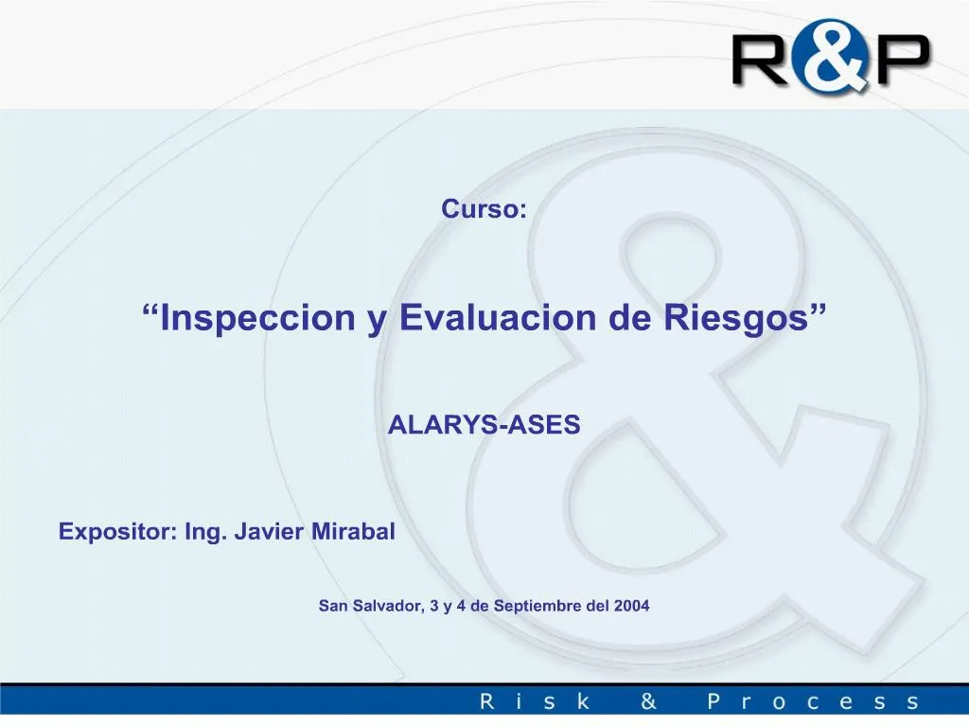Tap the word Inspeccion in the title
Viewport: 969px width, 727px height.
(x=257, y=317)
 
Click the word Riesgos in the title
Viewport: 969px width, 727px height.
(x=735, y=319)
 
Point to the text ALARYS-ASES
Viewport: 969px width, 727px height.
(x=484, y=425)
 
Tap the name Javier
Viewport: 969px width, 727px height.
(x=269, y=532)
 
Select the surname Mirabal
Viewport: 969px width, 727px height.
(x=353, y=531)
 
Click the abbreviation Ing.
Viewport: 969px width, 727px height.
(x=205, y=533)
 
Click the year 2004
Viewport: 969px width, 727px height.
(x=631, y=605)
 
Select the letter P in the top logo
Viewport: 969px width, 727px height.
(x=900, y=60)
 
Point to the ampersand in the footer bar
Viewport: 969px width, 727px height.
(x=648, y=701)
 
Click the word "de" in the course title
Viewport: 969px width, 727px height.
(x=629, y=317)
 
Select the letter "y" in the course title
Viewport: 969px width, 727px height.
(x=377, y=322)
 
